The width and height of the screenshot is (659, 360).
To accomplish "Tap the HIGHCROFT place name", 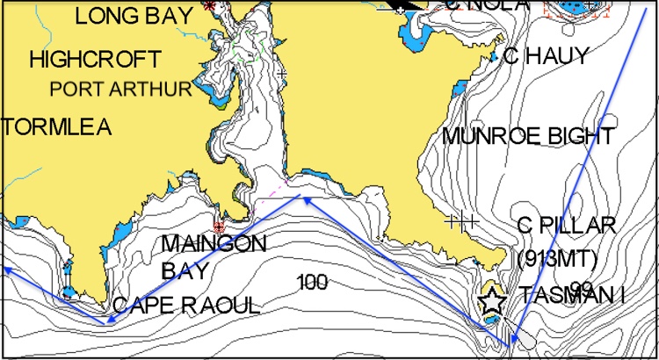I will click(x=95, y=60).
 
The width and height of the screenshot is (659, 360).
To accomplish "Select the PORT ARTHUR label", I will click(x=120, y=89).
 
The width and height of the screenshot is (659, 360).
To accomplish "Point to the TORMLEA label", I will click(x=56, y=127).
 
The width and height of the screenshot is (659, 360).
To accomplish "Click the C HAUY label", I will click(x=545, y=56).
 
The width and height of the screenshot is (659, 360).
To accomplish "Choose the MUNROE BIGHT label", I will click(x=528, y=136).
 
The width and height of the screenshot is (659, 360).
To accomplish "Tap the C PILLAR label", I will click(x=567, y=226).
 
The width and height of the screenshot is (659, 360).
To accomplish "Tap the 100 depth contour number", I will click(x=312, y=282).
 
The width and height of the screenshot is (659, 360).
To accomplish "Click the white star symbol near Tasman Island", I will click(x=492, y=301).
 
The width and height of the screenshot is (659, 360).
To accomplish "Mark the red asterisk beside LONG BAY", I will click(x=209, y=5).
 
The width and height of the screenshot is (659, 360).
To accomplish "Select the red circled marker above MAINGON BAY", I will click(x=219, y=226).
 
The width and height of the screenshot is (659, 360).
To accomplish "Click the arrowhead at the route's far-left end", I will click(x=5, y=269).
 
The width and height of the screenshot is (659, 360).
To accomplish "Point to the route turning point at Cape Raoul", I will click(x=107, y=321).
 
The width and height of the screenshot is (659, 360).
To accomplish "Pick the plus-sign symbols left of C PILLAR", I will click(x=461, y=221).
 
